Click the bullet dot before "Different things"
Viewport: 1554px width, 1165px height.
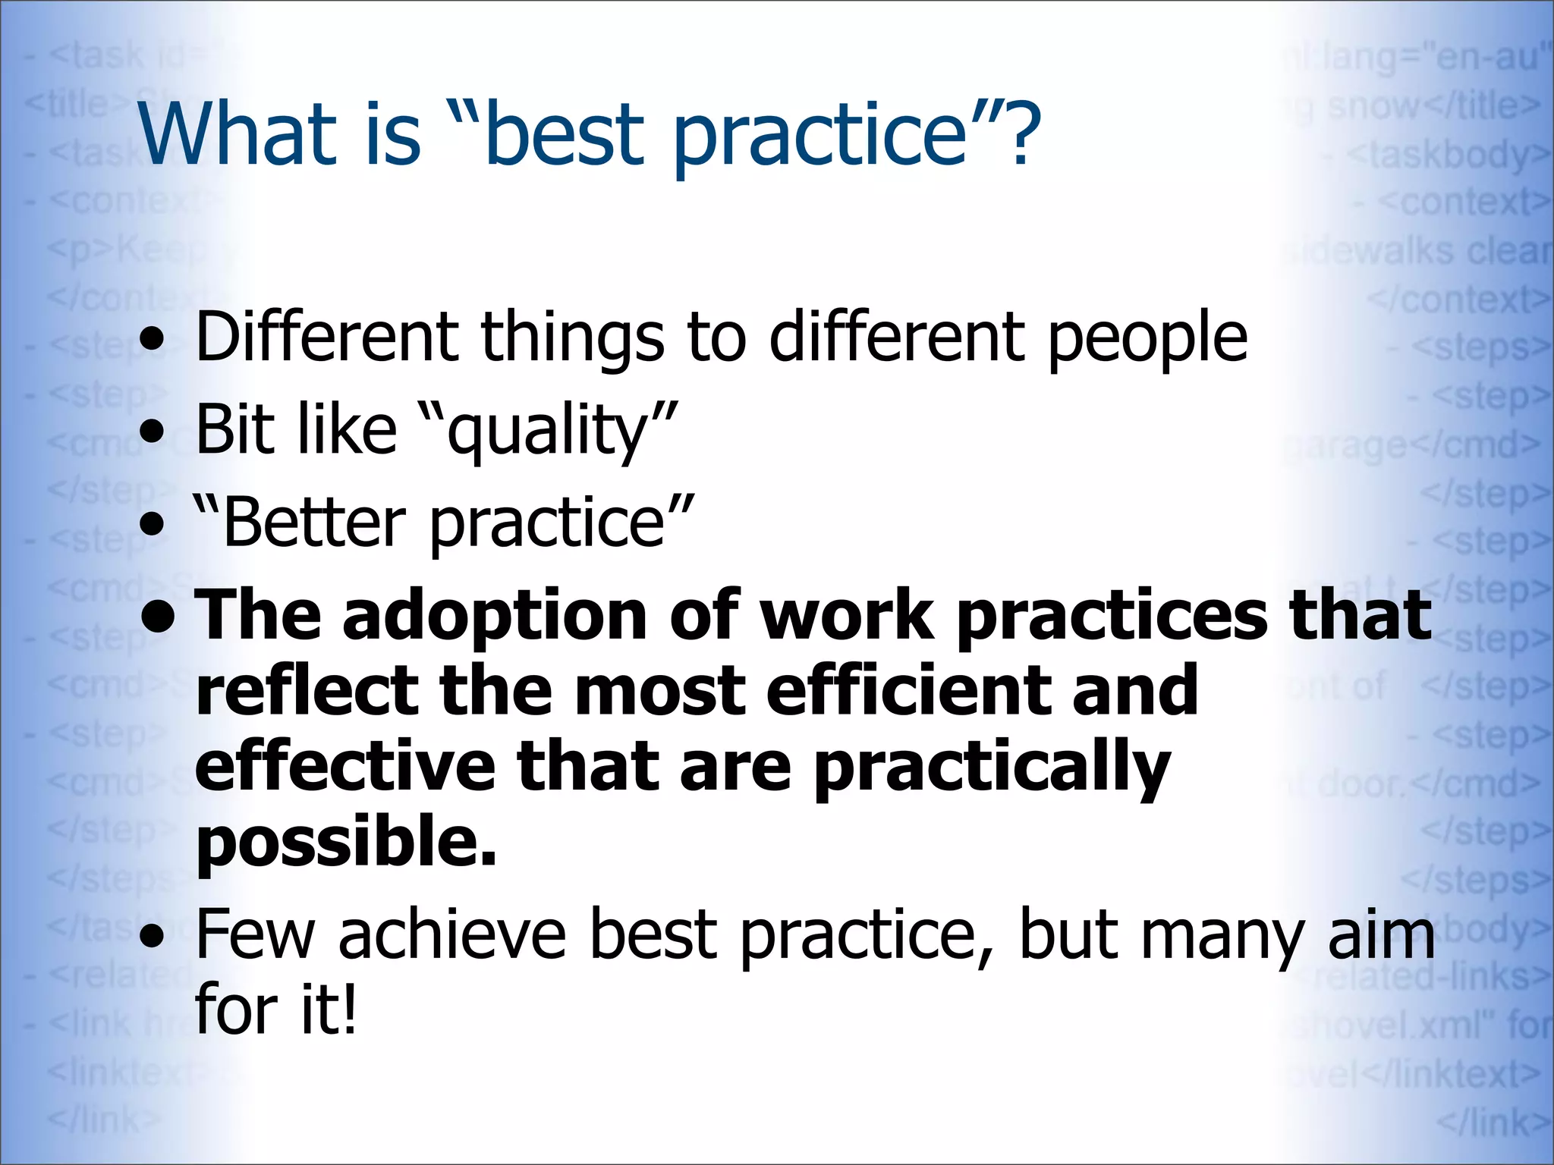[x=153, y=341]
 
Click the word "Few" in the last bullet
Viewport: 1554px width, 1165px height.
[x=254, y=934]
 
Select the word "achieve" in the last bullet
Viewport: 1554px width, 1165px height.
[x=452, y=934]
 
